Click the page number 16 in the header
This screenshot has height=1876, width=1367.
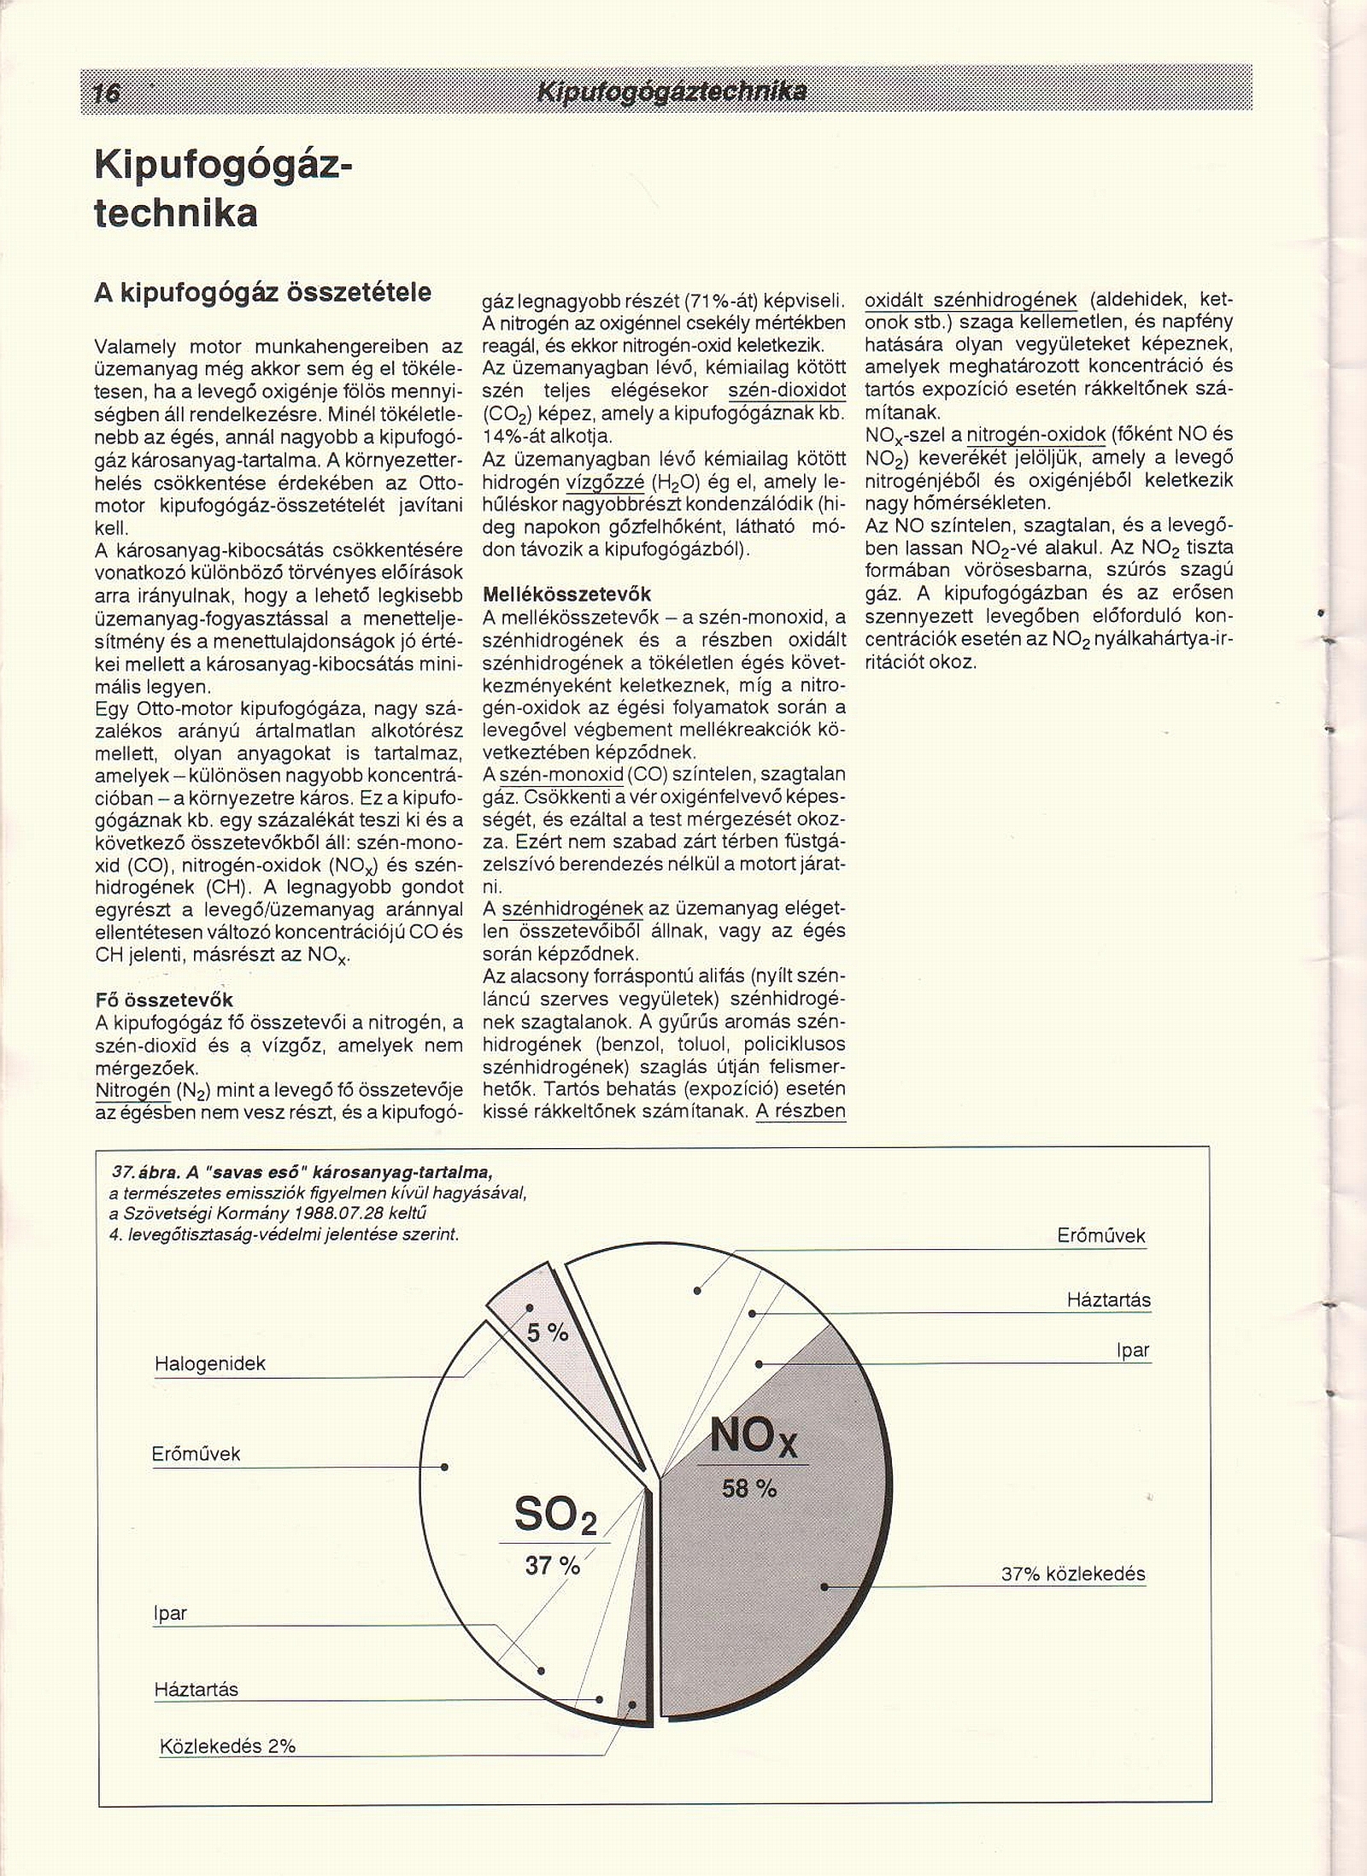click(x=107, y=91)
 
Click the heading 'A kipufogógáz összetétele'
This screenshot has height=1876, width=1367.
click(x=262, y=293)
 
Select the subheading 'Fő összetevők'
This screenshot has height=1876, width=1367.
click(x=164, y=1000)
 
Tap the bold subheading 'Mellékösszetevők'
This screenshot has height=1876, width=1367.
click(x=566, y=594)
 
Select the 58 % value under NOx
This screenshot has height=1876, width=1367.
click(x=748, y=1489)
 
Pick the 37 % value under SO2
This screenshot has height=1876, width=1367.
click(x=552, y=1566)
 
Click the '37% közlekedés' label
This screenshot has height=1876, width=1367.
click(x=1072, y=1574)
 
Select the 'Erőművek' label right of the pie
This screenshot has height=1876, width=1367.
click(x=1100, y=1235)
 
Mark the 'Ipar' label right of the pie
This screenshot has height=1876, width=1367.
click(x=1132, y=1351)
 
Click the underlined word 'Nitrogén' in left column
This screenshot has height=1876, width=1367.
click(x=132, y=1091)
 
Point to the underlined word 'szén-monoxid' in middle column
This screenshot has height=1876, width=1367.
click(x=561, y=775)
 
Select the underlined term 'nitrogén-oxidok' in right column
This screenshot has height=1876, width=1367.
click(x=1036, y=434)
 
